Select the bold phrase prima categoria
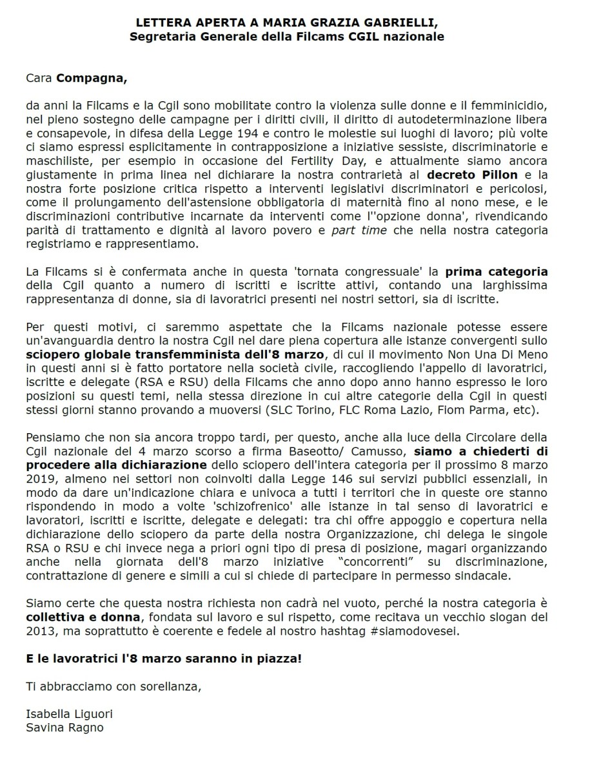click(x=503, y=271)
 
